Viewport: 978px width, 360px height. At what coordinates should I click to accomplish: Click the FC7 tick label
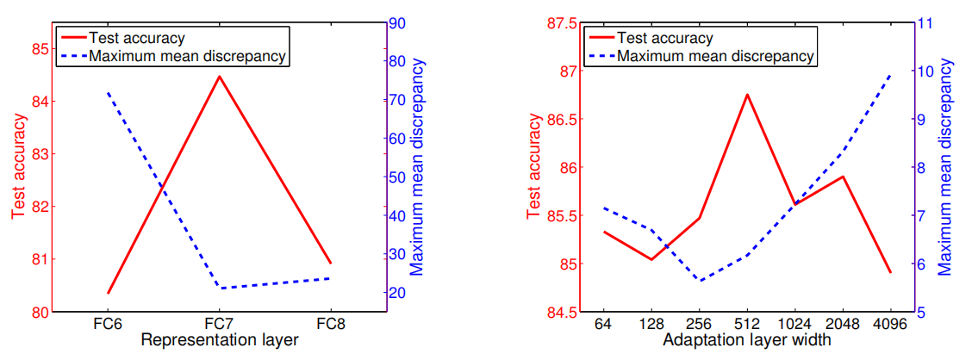tap(220, 324)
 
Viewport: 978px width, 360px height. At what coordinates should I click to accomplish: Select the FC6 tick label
tap(109, 324)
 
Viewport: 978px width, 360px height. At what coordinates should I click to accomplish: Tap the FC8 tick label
tap(331, 324)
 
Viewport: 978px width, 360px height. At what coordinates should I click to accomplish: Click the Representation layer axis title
tap(220, 340)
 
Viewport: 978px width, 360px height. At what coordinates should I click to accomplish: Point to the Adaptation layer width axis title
tap(747, 340)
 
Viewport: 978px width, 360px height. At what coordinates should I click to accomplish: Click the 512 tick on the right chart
tap(747, 324)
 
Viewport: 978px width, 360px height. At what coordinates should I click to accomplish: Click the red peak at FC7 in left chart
tap(220, 77)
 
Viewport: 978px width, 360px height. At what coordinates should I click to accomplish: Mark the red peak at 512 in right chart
tap(747, 94)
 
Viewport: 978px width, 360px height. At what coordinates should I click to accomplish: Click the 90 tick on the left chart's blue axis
tap(398, 23)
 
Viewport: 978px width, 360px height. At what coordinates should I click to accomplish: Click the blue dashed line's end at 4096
tap(890, 75)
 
